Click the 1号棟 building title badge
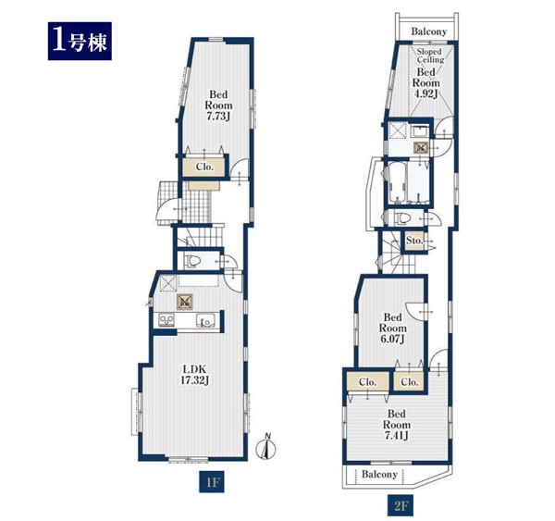click(80, 41)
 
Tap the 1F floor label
click(211, 482)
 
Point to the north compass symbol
click(266, 447)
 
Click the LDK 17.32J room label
click(194, 375)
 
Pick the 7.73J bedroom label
click(218, 105)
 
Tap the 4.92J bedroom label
click(425, 83)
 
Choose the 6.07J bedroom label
click(392, 328)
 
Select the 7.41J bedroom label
click(397, 425)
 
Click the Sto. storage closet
click(414, 241)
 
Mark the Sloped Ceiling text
click(430, 56)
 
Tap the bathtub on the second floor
click(397, 182)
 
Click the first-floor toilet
click(192, 261)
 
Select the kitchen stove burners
click(166, 320)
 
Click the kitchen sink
click(206, 320)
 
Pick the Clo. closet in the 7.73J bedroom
click(204, 167)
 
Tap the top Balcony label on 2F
click(428, 31)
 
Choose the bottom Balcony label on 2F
click(379, 474)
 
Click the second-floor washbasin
click(421, 131)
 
